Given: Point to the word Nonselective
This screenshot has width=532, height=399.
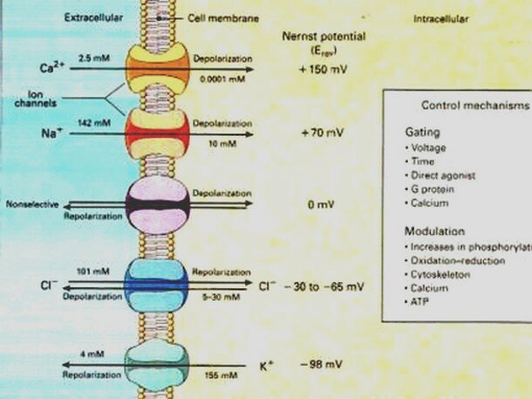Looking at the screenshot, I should (31, 204).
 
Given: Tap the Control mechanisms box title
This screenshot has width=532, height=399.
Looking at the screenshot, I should (474, 104).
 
